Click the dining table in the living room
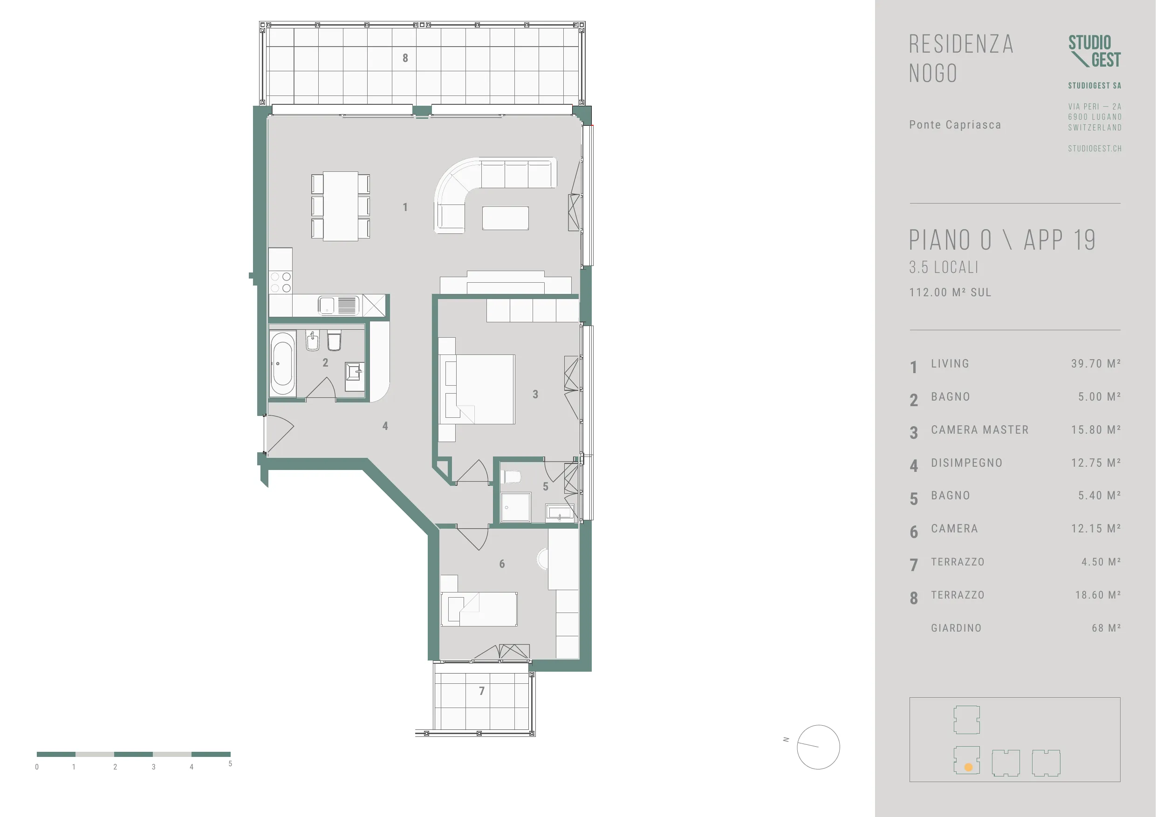click(x=340, y=206)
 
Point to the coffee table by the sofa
click(x=506, y=218)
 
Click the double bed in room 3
click(x=477, y=389)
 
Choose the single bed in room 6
click(x=479, y=609)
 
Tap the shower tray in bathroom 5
click(x=516, y=507)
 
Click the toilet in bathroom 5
click(x=512, y=476)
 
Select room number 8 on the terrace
click(x=405, y=58)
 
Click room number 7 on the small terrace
click(x=482, y=691)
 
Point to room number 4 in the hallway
click(x=385, y=426)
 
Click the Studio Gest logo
click(x=1094, y=51)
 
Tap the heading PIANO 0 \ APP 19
click(x=1002, y=240)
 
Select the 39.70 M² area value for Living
click(x=1095, y=363)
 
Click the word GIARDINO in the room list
click(x=956, y=628)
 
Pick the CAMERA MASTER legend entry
click(x=980, y=430)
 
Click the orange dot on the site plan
click(x=968, y=768)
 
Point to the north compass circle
click(x=818, y=747)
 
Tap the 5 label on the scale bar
click(x=230, y=763)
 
